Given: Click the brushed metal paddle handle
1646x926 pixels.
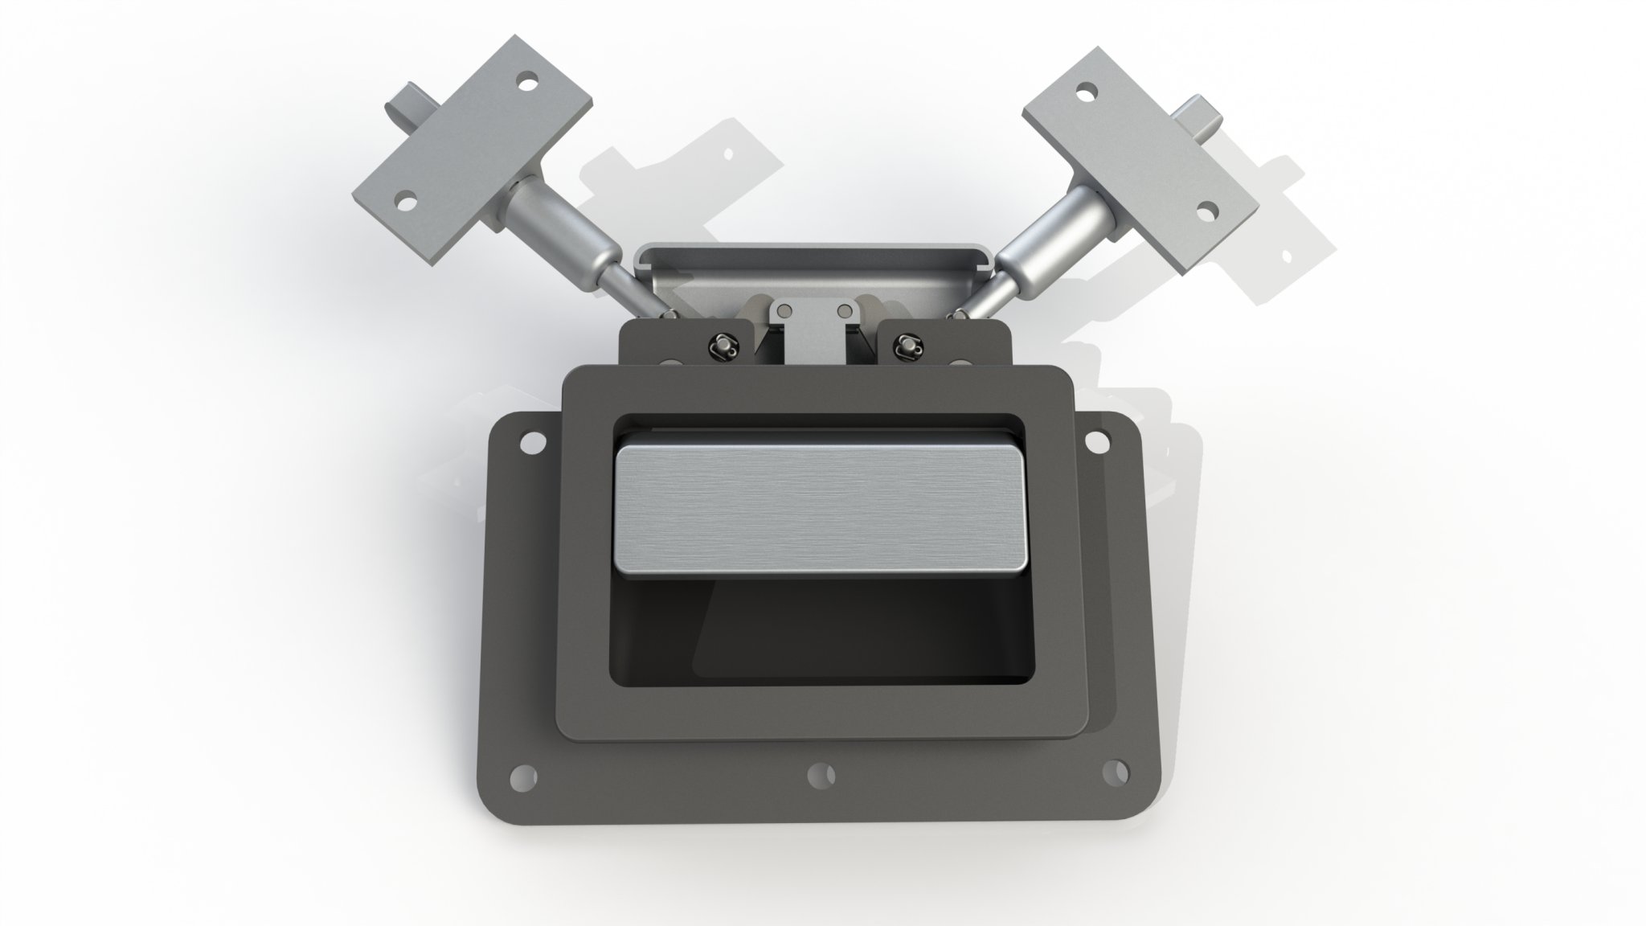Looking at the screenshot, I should [820, 511].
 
